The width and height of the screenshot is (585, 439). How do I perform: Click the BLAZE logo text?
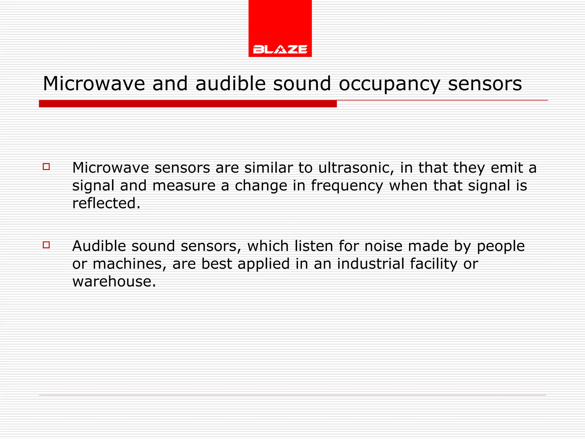click(280, 49)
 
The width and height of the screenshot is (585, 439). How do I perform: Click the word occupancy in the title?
click(389, 84)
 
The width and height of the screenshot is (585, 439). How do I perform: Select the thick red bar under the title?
click(188, 104)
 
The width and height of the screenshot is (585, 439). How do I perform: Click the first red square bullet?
click(46, 167)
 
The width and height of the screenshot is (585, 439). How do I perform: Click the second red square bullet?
click(46, 245)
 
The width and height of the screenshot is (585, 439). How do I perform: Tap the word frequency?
click(347, 186)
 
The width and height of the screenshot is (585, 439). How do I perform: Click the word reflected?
click(106, 203)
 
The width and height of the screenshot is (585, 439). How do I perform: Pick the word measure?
click(184, 186)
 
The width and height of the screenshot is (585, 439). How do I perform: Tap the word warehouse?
click(114, 282)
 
